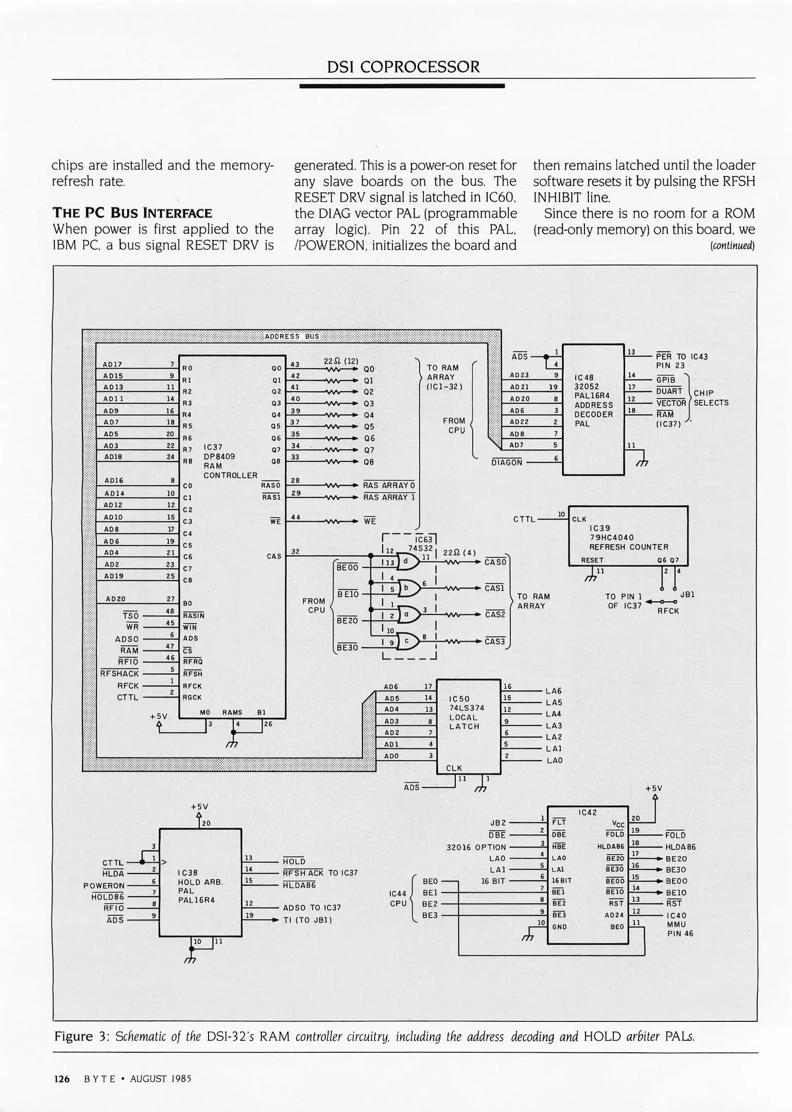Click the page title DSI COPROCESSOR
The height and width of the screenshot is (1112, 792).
403,67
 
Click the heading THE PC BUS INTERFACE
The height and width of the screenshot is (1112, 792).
132,213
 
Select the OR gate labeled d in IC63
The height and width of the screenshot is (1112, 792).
409,562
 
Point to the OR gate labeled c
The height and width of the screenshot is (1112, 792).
409,641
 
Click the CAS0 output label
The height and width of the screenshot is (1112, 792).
495,562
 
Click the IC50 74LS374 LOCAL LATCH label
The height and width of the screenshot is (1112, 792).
464,713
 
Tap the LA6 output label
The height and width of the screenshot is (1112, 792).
554,691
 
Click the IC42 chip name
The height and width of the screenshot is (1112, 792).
588,812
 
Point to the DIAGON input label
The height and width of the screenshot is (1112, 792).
507,462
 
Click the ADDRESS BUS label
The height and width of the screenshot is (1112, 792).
291,337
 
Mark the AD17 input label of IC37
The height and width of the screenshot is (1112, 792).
112,364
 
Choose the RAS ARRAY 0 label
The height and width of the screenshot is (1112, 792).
389,485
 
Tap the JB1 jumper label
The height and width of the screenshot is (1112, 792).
687,594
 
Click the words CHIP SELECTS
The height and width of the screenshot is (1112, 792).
711,398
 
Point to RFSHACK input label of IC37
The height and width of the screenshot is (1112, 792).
120,673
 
